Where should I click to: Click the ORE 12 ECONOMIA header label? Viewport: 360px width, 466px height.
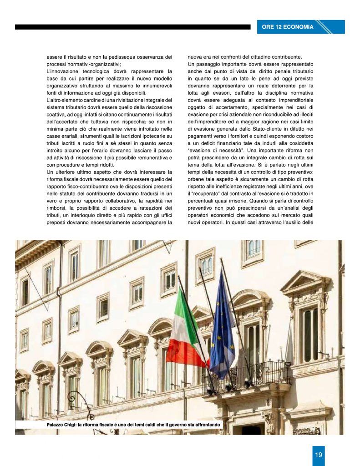[288, 27]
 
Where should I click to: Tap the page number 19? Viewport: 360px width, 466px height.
[319, 455]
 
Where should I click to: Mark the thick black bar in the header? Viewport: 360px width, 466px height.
[132, 27]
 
